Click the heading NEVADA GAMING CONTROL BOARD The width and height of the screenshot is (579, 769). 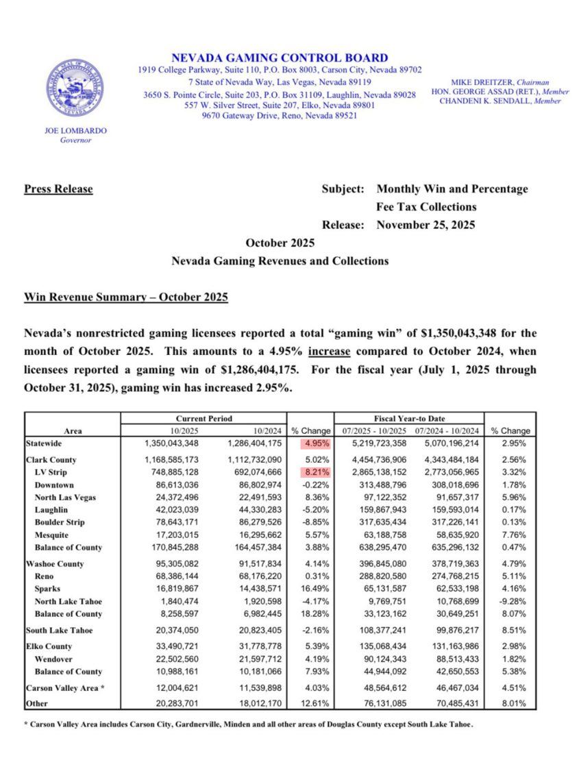[279, 58]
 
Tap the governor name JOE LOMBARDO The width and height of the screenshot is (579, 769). [76, 130]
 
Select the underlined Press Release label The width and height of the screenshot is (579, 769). [58, 189]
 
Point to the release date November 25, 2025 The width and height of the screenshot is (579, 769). [426, 225]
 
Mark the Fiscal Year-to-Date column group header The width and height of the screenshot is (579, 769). [408, 418]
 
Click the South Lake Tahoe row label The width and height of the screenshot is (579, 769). [59, 631]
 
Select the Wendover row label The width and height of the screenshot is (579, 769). [55, 659]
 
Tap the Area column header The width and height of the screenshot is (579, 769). [73, 431]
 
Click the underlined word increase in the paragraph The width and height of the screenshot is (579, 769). [331, 352]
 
